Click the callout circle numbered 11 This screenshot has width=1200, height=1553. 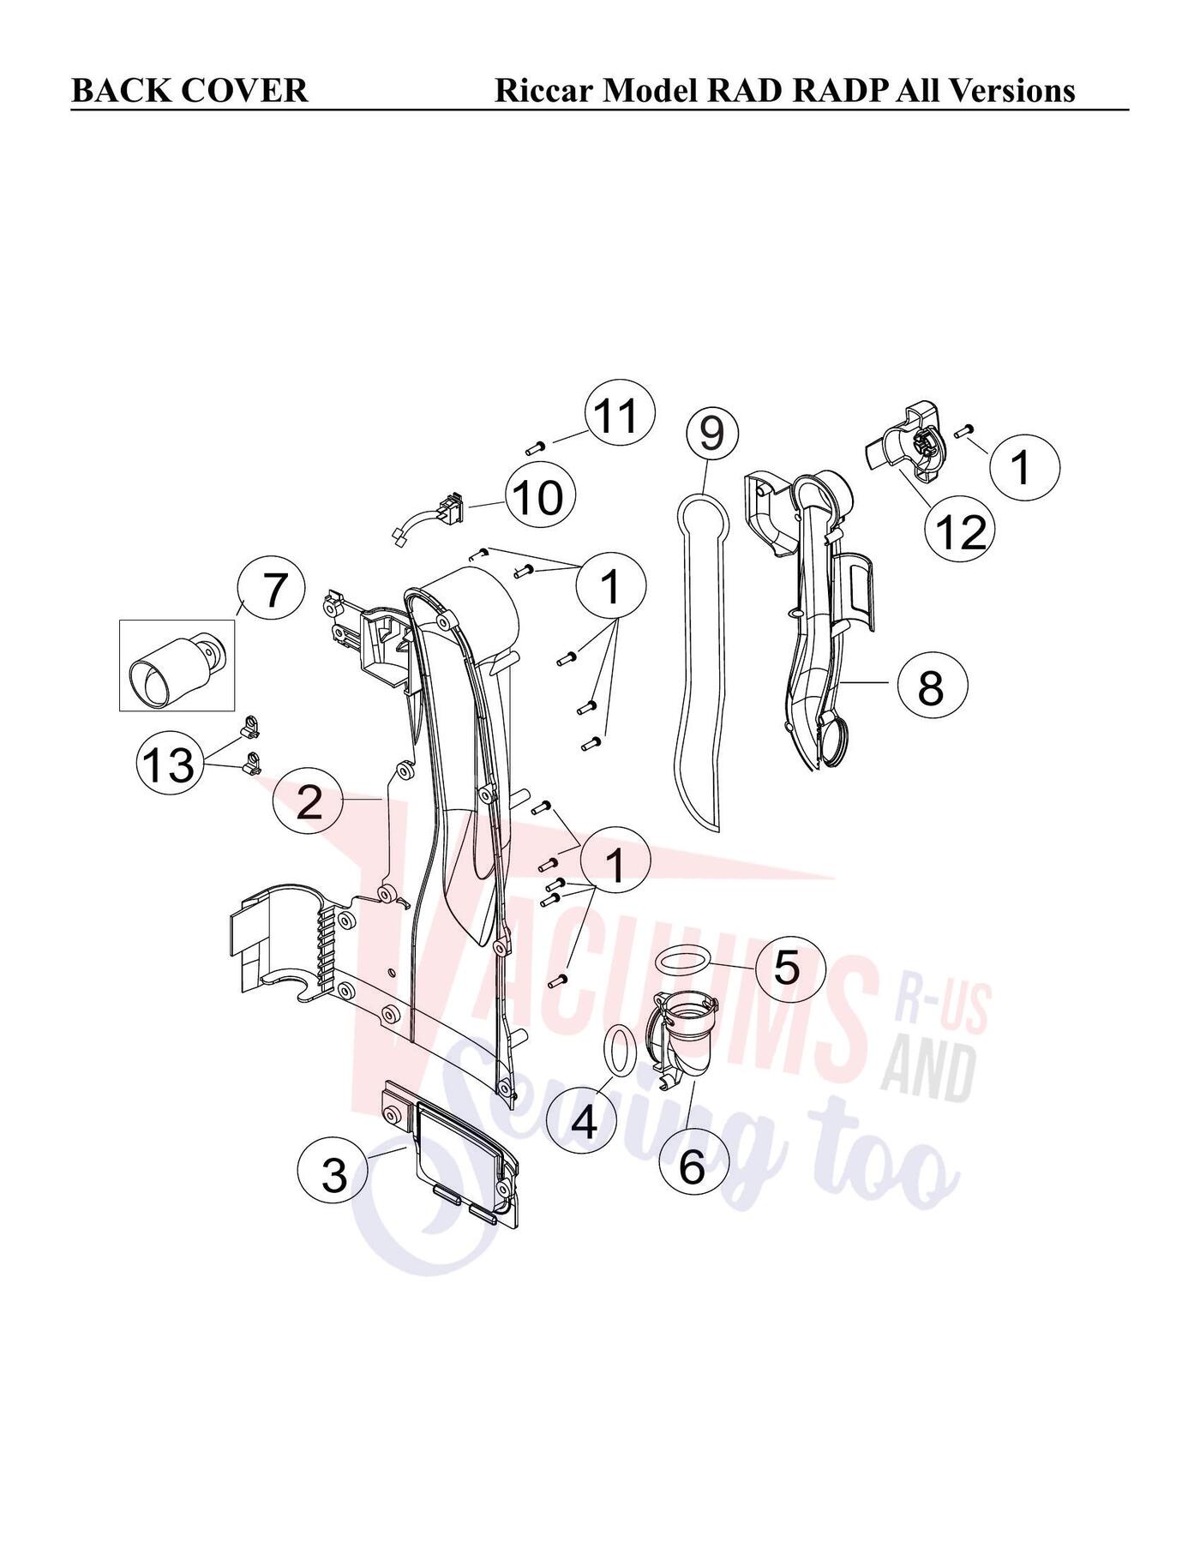620,415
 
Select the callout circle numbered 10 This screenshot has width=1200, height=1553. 540,497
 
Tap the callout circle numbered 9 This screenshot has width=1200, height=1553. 711,432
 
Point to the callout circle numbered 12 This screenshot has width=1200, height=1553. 961,533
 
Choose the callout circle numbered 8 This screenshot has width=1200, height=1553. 932,686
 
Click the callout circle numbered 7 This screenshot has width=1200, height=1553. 271,591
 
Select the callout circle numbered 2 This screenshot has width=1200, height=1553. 309,803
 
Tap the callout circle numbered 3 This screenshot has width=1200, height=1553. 334,1175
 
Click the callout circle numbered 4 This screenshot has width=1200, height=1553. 584,1120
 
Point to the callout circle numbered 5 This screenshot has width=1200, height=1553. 790,968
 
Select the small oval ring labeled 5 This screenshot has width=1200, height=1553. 683,959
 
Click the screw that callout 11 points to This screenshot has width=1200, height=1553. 535,446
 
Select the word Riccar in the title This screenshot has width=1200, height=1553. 544,90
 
